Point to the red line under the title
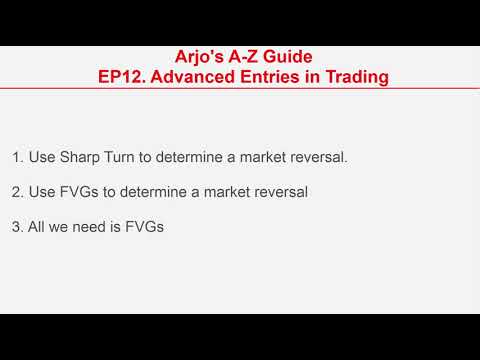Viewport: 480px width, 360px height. [x=240, y=90]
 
